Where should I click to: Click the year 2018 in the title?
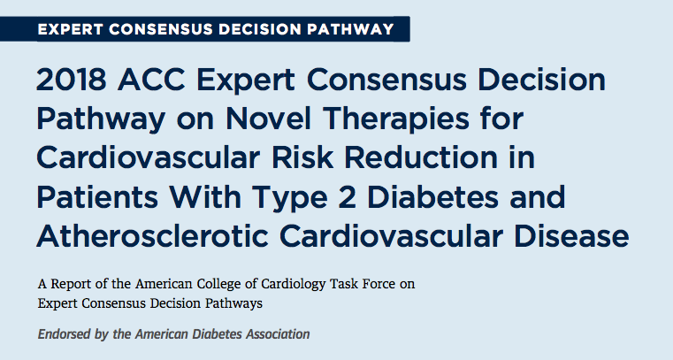pyautogui.click(x=72, y=80)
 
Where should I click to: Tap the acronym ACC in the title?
pyautogui.click(x=151, y=80)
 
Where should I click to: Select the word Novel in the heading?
pyautogui.click(x=268, y=119)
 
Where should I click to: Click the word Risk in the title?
pyautogui.click(x=302, y=158)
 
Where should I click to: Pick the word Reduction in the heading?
pyautogui.click(x=421, y=158)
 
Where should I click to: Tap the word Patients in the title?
pyautogui.click(x=97, y=197)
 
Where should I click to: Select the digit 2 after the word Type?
pyautogui.click(x=347, y=197)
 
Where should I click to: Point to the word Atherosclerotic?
pyautogui.click(x=153, y=236)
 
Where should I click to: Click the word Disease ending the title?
pyautogui.click(x=571, y=236)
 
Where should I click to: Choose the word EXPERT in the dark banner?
pyautogui.click(x=71, y=29)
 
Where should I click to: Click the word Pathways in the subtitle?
pyautogui.click(x=233, y=304)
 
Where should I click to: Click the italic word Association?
pyautogui.click(x=278, y=334)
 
